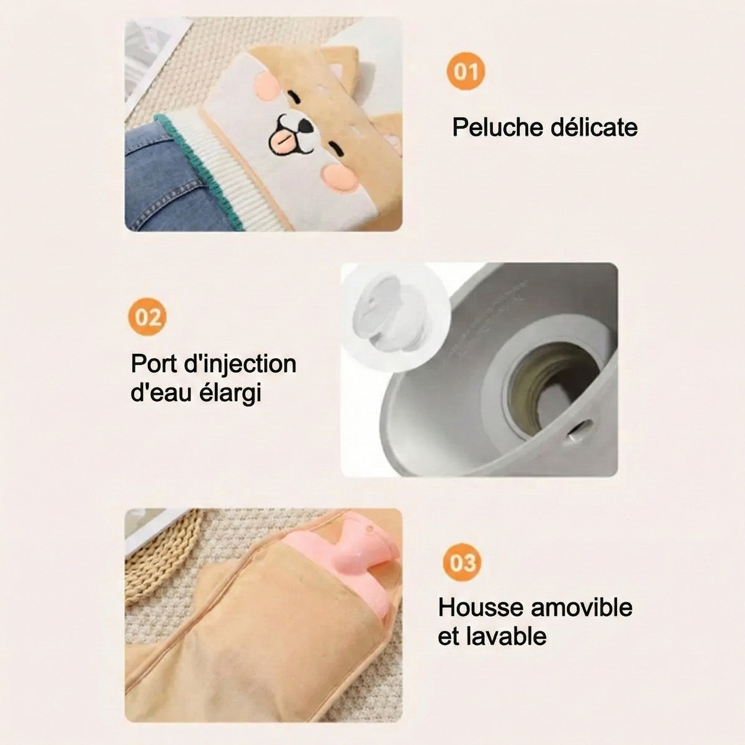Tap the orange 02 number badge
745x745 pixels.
point(147,317)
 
